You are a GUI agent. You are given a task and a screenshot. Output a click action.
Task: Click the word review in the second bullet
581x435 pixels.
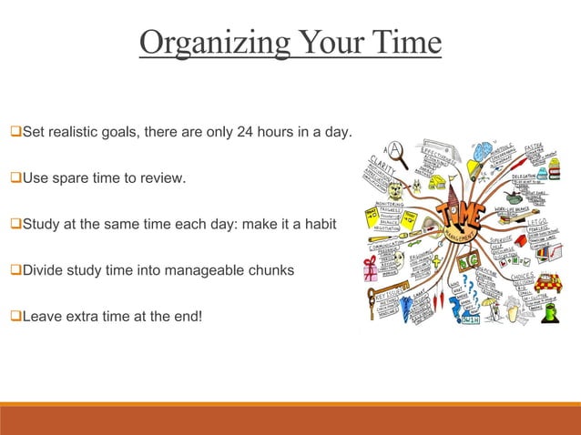tap(163, 177)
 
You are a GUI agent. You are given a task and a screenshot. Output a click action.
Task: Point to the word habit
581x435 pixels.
tap(321, 223)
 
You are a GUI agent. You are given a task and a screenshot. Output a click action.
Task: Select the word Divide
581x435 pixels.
tap(44, 270)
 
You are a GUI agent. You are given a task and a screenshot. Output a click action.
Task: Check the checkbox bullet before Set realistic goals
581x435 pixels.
tap(15, 133)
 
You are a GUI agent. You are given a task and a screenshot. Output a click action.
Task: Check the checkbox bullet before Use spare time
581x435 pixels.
tap(15, 177)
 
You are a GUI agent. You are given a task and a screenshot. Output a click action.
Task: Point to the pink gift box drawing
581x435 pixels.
tap(370, 269)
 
